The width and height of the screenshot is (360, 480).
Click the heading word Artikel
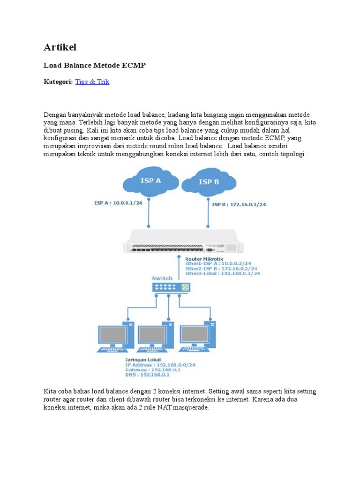(60, 47)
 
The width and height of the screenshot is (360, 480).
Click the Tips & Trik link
(92, 82)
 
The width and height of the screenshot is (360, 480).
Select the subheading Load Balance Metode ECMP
(95, 66)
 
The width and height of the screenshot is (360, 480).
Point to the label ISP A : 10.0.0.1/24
(118, 203)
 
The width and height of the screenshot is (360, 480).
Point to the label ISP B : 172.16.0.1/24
(239, 204)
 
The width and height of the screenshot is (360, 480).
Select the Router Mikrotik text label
(204, 259)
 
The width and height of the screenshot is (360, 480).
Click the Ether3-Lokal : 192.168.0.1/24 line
(223, 273)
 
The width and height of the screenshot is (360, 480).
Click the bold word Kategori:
(58, 82)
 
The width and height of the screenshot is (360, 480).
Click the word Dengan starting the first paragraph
(54, 115)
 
